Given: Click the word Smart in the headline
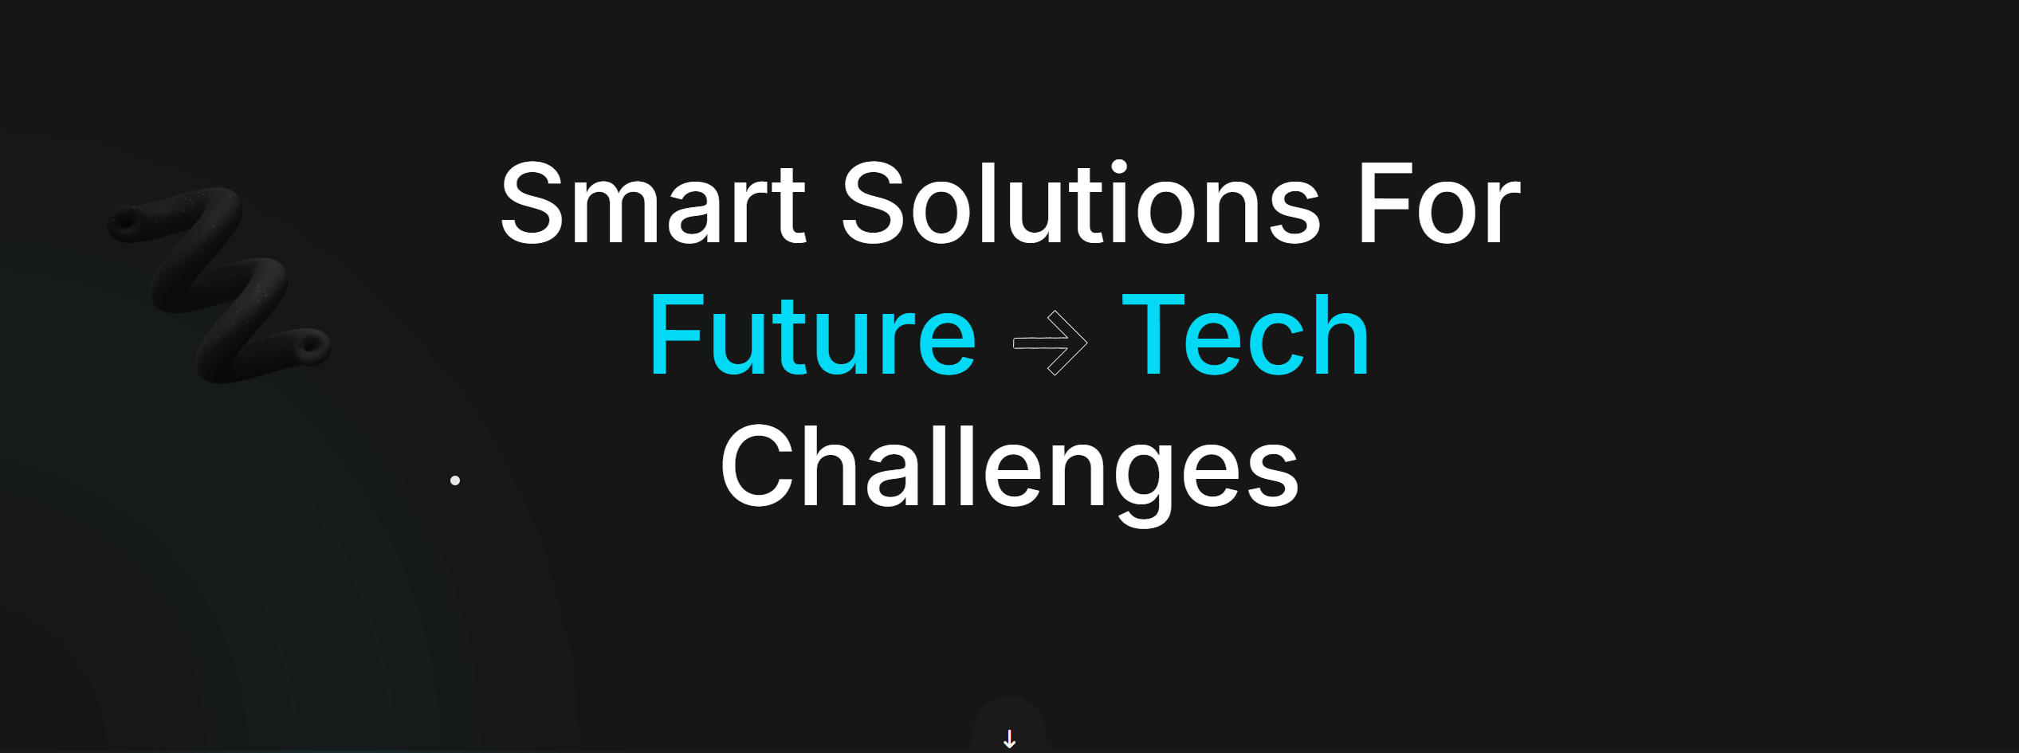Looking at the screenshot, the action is click(653, 203).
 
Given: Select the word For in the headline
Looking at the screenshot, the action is click(1440, 203).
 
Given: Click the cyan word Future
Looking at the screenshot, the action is click(813, 335).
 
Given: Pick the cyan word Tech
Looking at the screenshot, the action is click(1245, 335).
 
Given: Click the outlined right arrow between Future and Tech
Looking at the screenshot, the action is click(1051, 343).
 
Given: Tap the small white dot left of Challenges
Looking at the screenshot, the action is click(455, 480).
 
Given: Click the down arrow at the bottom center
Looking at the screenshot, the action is click(1009, 739).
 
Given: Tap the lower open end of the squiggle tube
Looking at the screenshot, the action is click(312, 346).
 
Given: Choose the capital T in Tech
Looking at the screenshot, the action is click(1153, 335).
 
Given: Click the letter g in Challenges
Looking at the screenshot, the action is click(1144, 482).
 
